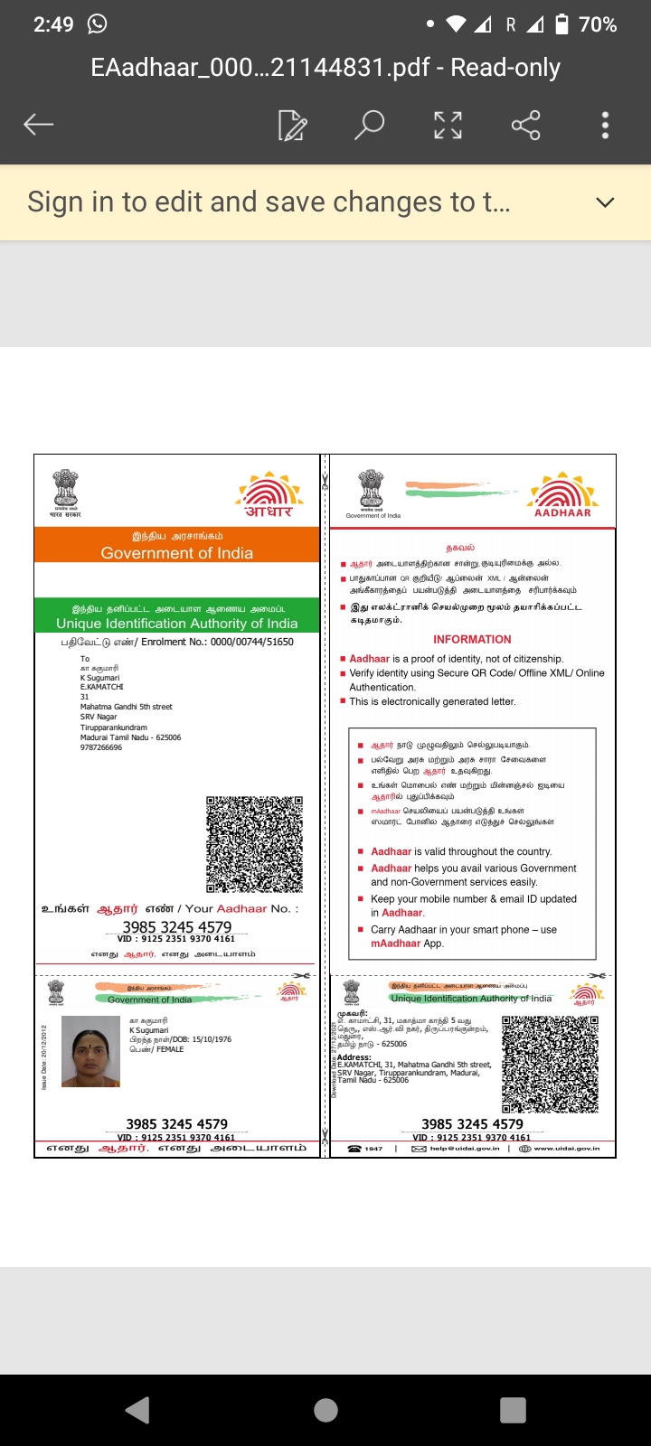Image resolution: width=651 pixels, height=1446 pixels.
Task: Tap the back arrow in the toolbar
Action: [39, 125]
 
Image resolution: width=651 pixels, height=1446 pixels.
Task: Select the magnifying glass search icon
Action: [369, 125]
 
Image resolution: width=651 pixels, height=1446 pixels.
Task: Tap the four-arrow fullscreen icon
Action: [448, 125]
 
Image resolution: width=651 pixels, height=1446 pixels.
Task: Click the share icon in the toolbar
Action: [525, 125]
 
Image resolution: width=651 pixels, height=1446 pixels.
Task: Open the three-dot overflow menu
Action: [605, 125]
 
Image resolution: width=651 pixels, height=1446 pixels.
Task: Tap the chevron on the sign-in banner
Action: [605, 202]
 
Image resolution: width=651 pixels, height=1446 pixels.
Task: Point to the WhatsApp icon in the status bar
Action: [97, 24]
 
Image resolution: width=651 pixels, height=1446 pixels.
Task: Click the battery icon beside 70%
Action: [561, 24]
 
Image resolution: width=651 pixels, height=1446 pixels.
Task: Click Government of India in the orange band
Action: [177, 553]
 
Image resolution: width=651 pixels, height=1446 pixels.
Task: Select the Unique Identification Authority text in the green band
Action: [177, 624]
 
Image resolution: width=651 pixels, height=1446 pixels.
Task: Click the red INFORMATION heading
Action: [472, 639]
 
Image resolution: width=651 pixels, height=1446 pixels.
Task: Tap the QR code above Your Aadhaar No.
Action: [254, 844]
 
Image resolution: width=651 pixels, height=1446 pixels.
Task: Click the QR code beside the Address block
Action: [551, 1064]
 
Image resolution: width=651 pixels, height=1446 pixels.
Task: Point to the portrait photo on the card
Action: [90, 1051]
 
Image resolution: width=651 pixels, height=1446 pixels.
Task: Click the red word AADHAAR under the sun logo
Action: [562, 512]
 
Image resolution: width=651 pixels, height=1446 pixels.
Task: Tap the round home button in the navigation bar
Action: [325, 1410]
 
